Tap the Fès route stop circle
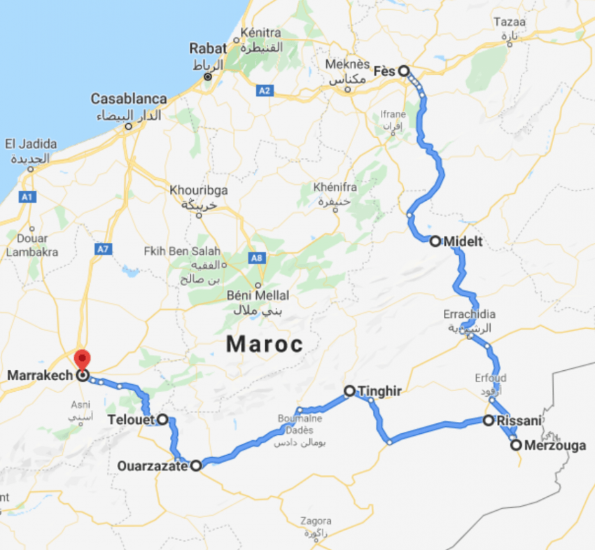(404, 71)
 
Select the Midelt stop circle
(435, 241)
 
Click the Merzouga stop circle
(516, 444)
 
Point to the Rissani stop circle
(489, 421)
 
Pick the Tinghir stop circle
(350, 391)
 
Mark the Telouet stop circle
(162, 420)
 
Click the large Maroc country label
(265, 344)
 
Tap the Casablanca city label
(129, 99)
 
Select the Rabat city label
(209, 49)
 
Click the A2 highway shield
(264, 91)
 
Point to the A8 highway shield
(258, 258)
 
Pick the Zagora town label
(315, 521)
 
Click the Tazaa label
(509, 22)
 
